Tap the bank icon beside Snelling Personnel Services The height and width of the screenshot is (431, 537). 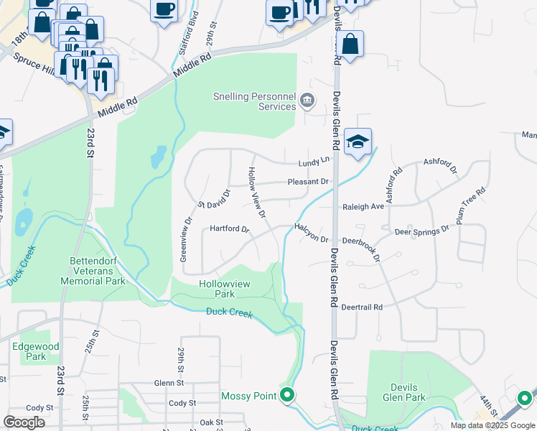click(307, 99)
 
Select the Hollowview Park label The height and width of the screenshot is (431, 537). click(225, 289)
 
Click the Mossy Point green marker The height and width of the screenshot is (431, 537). click(288, 395)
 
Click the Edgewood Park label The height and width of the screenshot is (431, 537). click(29, 351)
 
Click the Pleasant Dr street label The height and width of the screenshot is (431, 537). click(309, 182)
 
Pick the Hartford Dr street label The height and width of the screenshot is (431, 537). click(229, 230)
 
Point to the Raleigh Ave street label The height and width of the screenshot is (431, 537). click(363, 206)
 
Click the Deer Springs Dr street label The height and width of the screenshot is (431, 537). click(421, 231)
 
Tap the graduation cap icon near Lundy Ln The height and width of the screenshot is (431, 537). click(358, 142)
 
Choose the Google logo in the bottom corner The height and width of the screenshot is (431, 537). click(24, 422)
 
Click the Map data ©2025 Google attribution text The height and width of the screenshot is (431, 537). click(492, 425)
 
